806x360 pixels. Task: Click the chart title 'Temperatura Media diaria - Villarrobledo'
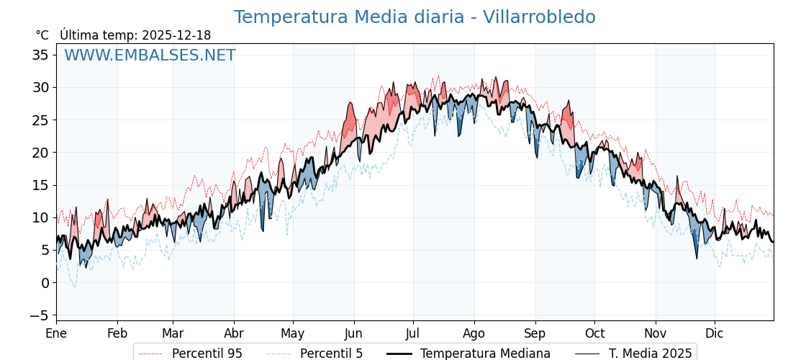point(415,17)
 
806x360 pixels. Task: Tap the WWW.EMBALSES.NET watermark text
point(150,55)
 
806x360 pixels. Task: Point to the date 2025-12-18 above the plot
point(176,35)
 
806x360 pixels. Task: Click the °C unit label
point(42,35)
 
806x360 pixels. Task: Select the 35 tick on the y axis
point(40,55)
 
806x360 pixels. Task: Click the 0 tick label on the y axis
point(45,283)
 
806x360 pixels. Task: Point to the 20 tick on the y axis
point(40,153)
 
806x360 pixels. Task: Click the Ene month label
point(56,333)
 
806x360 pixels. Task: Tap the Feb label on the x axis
point(117,333)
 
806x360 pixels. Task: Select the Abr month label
point(234,333)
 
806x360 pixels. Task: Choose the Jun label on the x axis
point(354,333)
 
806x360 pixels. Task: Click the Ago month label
point(474,333)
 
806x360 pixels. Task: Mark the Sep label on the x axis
point(535,333)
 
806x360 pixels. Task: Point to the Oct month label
point(594,333)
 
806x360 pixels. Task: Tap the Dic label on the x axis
point(715,333)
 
